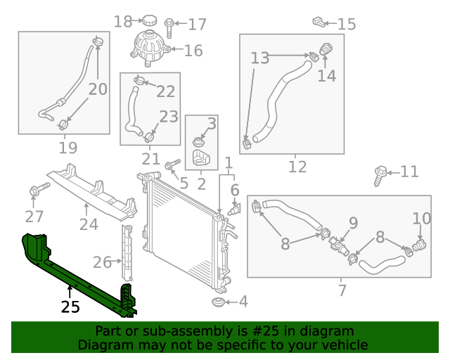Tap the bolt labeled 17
[x=169, y=27]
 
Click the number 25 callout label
[x=70, y=307]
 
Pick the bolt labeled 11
[x=380, y=176]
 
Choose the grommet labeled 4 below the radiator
[x=219, y=302]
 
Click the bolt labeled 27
[x=39, y=188]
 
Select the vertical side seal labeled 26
[x=127, y=252]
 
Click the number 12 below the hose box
[x=297, y=167]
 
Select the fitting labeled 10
[x=419, y=245]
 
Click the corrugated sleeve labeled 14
[x=326, y=49]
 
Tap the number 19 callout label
[x=68, y=148]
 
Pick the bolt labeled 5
[x=172, y=165]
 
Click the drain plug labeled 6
[x=234, y=210]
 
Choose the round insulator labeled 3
[x=198, y=142]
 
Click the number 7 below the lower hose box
[x=342, y=290]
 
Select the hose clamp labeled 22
[x=139, y=79]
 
